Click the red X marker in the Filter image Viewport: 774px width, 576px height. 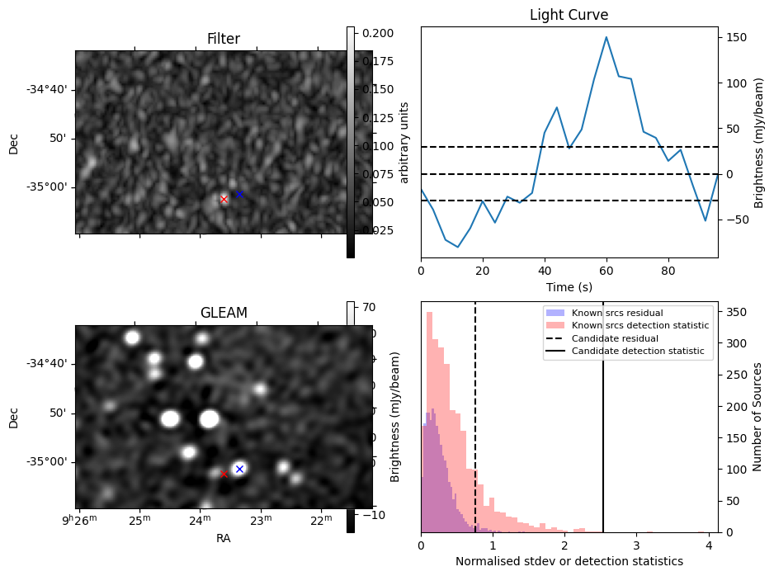224,199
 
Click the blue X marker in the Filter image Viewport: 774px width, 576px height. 239,194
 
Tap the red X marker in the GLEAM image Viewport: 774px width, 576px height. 224,474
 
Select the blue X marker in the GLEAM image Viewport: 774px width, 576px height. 239,469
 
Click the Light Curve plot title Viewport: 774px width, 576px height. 569,15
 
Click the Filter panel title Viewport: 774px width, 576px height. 224,39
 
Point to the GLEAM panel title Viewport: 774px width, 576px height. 224,313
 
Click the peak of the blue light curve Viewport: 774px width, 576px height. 606,36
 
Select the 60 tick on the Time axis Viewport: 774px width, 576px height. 606,272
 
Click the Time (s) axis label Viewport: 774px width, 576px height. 569,286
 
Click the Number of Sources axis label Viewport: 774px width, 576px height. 757,417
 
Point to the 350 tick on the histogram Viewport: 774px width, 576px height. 737,312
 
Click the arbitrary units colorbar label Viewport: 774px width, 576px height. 405,142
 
